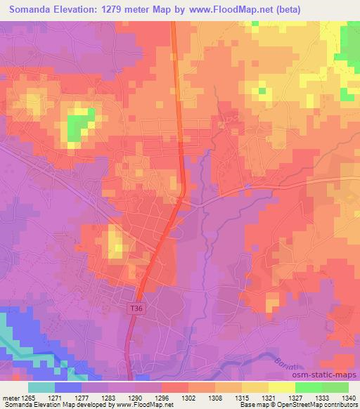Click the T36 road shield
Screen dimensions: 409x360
136,308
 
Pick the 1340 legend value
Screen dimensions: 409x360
349,398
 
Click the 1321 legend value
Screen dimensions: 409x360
268,398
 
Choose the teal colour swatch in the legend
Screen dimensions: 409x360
41,387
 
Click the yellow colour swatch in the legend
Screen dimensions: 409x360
281,387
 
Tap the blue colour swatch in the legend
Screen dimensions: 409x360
67,387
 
